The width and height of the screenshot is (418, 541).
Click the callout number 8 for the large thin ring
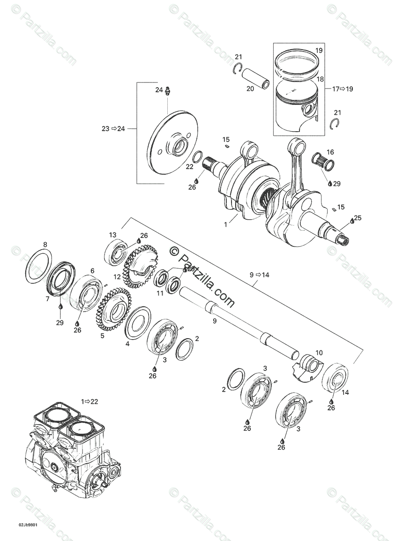[x=45, y=245]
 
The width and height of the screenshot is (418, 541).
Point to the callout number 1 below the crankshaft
[x=225, y=225]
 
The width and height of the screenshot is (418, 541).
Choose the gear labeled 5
[x=113, y=310]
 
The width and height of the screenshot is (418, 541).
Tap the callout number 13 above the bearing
[x=112, y=235]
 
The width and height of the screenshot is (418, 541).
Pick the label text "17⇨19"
[x=343, y=89]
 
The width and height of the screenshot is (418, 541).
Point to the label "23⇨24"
[x=113, y=128]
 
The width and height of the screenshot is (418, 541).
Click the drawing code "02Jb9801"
[x=28, y=525]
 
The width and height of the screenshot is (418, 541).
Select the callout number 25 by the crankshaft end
[x=358, y=218]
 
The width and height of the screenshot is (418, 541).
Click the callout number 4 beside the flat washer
[x=127, y=344]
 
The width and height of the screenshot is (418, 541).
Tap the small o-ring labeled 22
[x=198, y=156]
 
